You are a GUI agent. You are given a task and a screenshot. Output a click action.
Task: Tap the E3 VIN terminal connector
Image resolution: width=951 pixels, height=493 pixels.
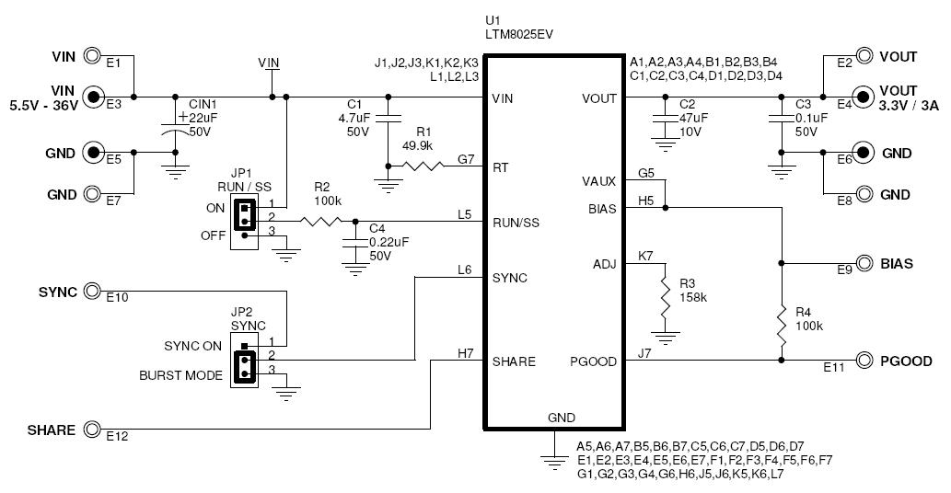93,96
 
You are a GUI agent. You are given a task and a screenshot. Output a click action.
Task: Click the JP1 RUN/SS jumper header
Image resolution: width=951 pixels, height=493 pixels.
244,216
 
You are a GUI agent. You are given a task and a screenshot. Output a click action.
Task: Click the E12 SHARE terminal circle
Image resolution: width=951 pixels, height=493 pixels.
92,429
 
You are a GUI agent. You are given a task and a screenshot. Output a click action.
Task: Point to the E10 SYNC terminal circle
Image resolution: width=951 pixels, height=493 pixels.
92,292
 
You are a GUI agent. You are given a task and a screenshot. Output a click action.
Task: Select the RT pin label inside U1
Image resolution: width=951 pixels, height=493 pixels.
501,167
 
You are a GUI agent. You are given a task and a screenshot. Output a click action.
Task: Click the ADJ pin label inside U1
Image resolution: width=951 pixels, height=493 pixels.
604,265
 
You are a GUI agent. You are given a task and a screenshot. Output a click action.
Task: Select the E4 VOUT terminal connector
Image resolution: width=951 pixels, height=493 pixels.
864,96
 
